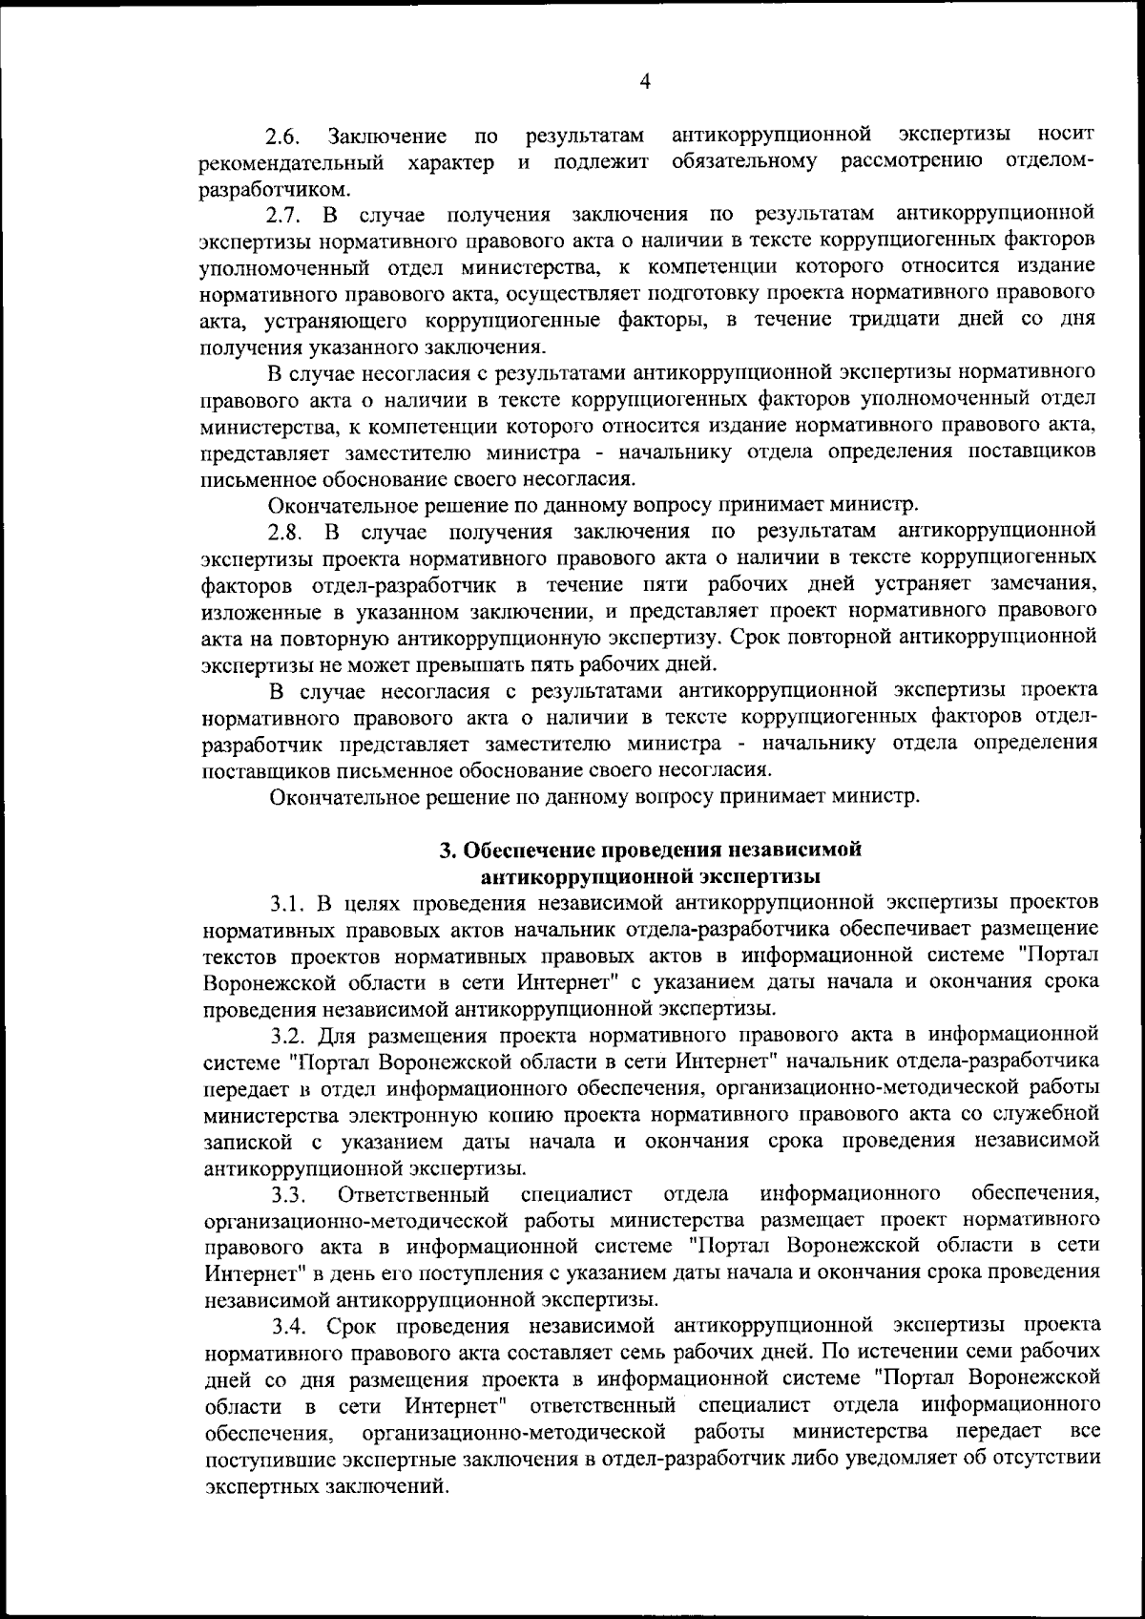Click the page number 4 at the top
click(644, 82)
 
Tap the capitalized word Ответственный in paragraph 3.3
click(413, 1194)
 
